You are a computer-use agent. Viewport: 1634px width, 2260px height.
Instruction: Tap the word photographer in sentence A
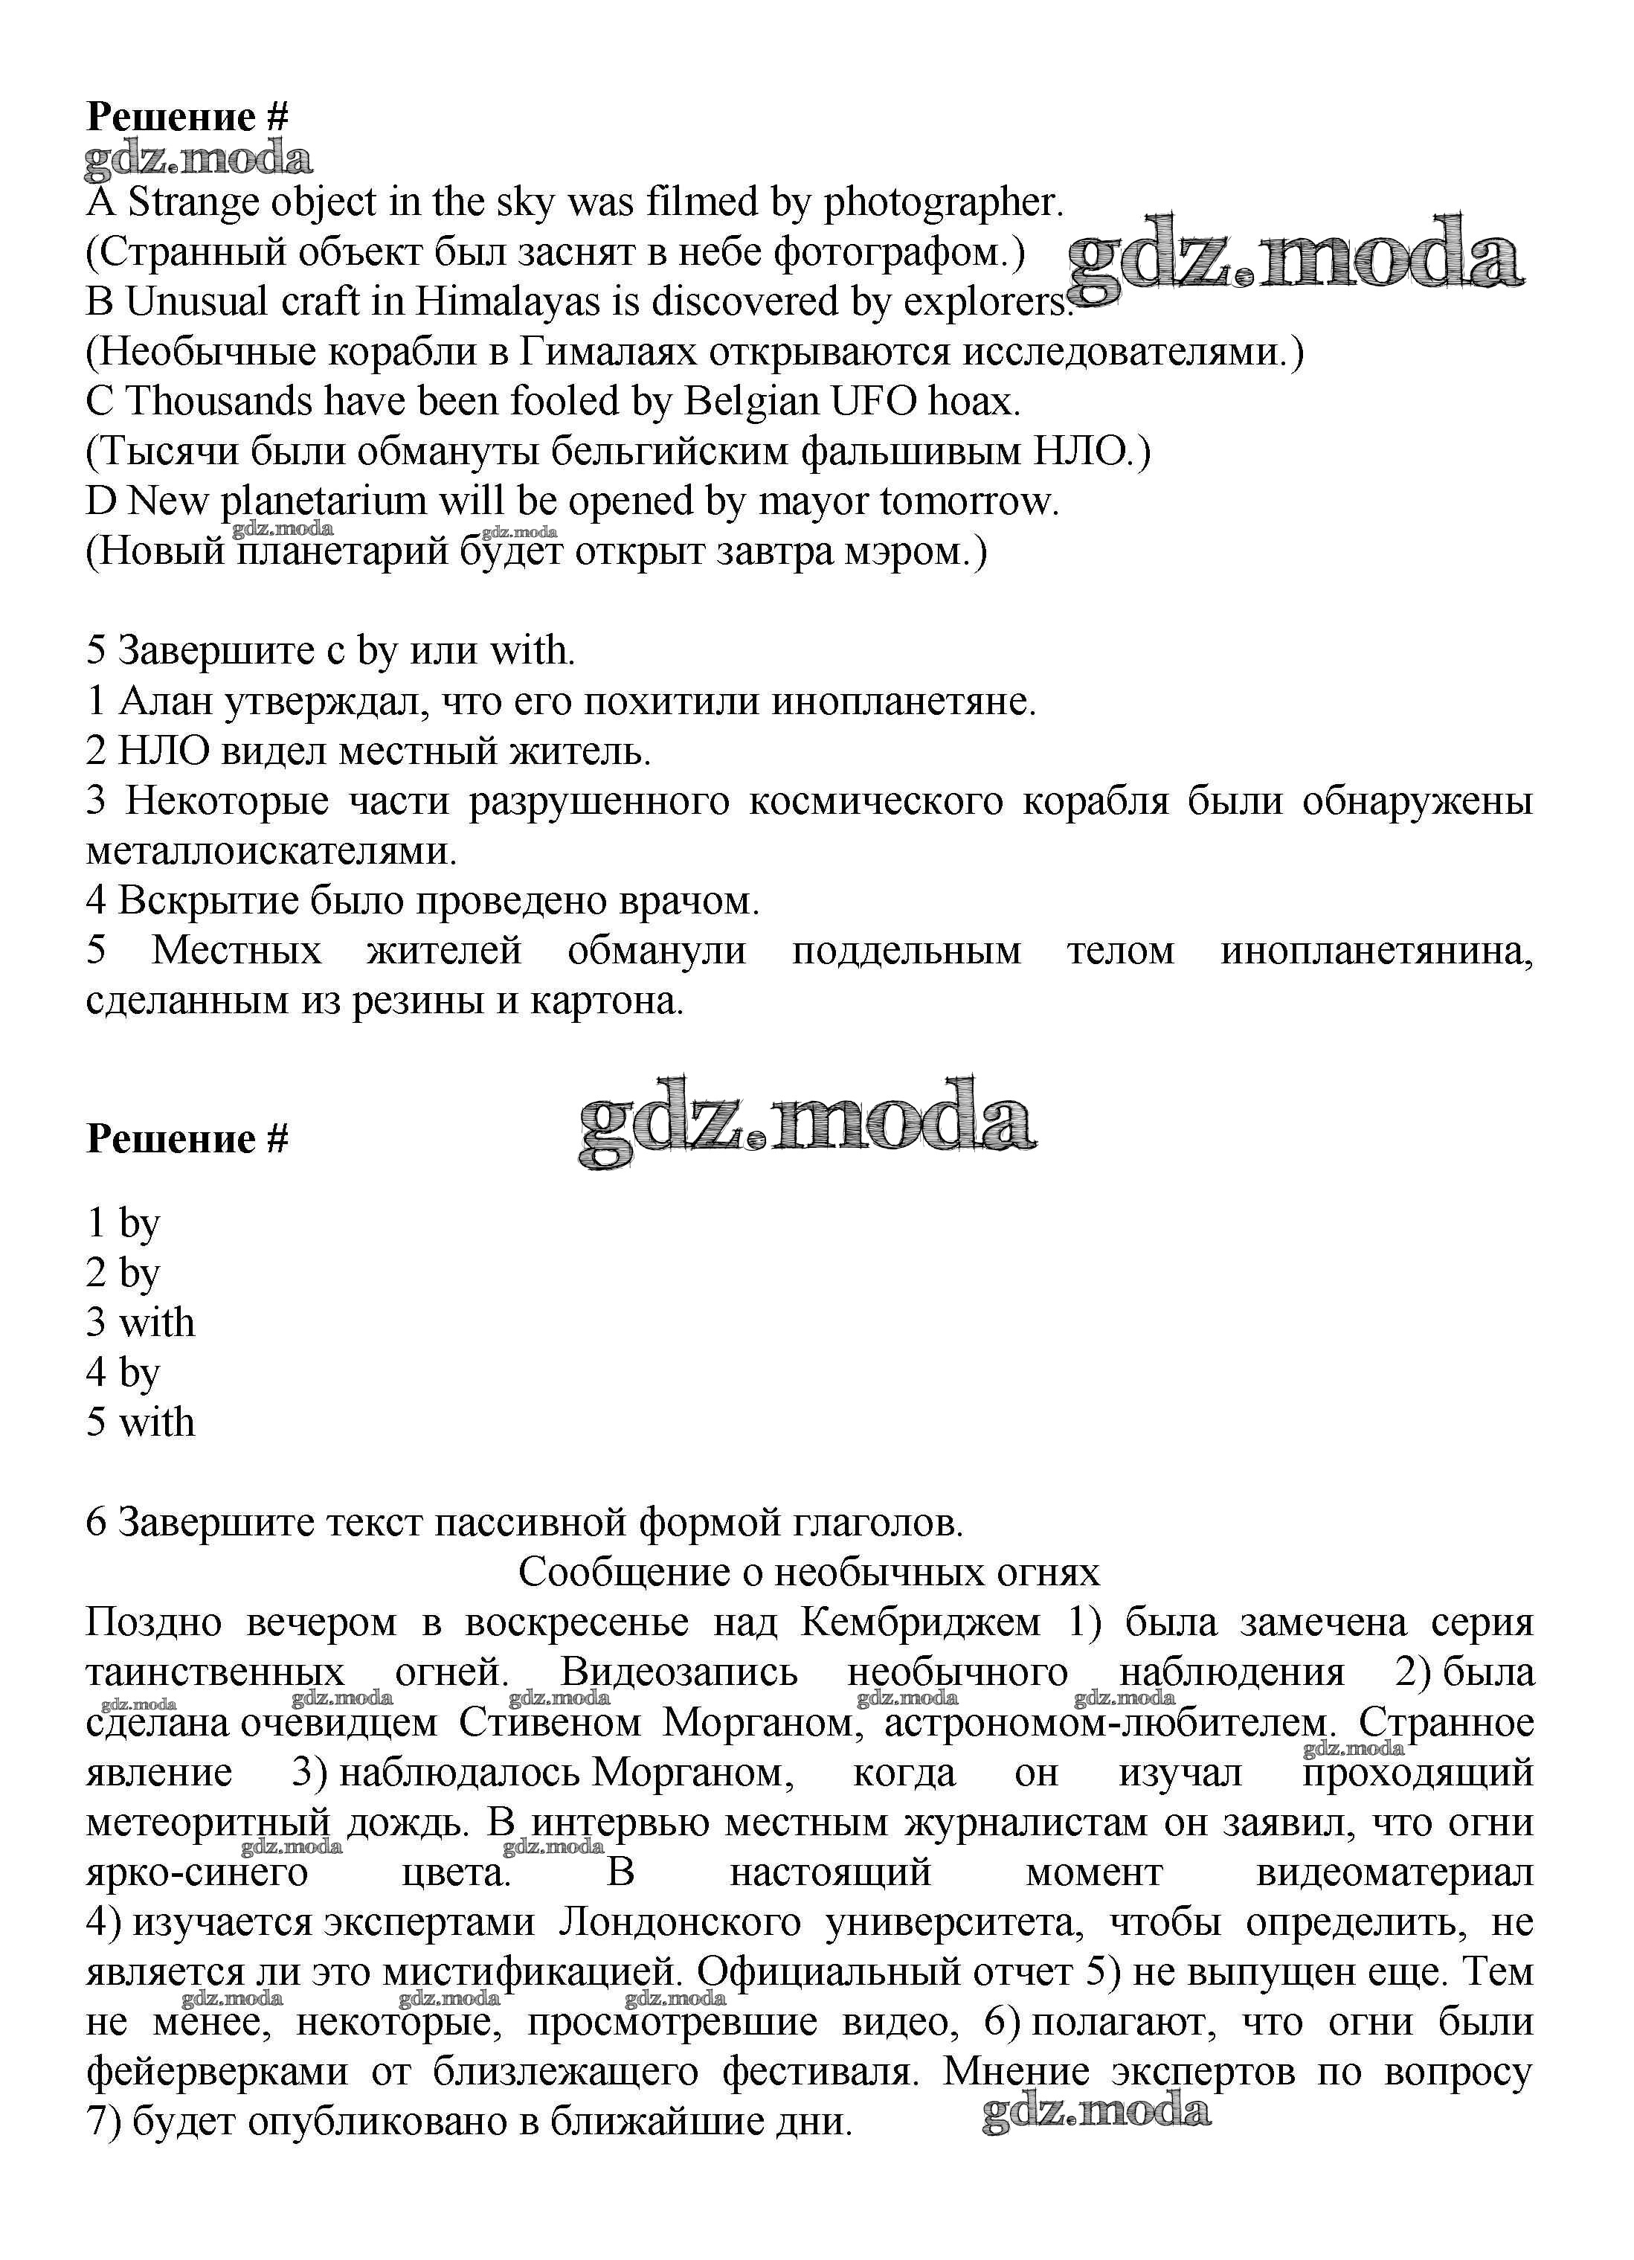[x=944, y=203]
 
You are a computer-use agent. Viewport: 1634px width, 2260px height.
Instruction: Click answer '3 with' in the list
[x=141, y=1323]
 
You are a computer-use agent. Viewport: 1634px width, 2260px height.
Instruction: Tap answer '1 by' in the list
[x=123, y=1223]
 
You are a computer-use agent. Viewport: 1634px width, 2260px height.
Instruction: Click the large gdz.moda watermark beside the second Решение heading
[x=807, y=1121]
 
